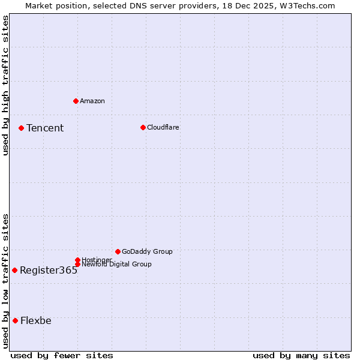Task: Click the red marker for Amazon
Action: (76, 101)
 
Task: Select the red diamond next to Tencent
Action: (21, 128)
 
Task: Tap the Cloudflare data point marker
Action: (143, 127)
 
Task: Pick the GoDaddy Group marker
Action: (118, 251)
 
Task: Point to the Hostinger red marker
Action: (77, 260)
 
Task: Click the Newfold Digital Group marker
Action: (77, 264)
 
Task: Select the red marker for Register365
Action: (14, 270)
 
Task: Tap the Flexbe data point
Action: (15, 320)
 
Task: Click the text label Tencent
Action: (45, 128)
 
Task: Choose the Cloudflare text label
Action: (163, 127)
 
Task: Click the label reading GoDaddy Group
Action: (147, 251)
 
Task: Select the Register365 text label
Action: (49, 270)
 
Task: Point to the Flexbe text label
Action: (36, 320)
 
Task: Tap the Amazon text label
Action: (92, 101)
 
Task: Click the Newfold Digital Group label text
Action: (116, 264)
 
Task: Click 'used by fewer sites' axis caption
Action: (62, 355)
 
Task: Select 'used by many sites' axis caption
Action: (301, 355)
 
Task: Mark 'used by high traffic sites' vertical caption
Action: (5, 85)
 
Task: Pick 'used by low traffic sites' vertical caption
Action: (5, 281)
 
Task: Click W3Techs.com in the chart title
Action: (306, 5)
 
